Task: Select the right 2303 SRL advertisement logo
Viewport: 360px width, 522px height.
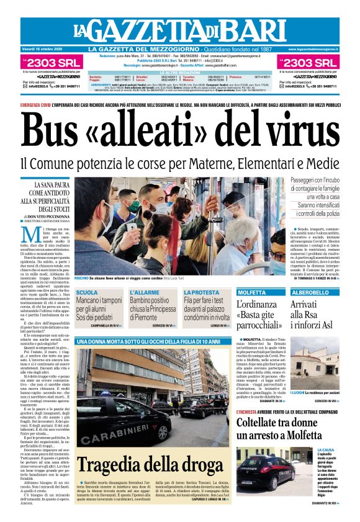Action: [x=309, y=62]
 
